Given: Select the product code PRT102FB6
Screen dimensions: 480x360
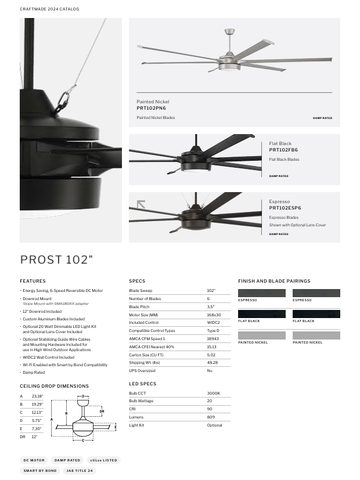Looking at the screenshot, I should coord(283,150).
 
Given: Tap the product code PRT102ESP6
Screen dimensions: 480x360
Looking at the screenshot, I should coord(285,208).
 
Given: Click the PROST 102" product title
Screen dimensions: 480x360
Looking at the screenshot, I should coord(56,259).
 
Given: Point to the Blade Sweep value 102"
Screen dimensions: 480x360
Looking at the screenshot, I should coord(211,290).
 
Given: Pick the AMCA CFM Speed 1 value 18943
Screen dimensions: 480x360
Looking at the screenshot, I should coord(213,338).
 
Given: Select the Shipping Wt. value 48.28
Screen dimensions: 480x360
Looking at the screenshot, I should coord(212,363).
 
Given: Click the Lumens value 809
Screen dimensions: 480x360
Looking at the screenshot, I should coord(211,417).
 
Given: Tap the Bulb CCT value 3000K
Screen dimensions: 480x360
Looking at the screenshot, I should coord(213,393).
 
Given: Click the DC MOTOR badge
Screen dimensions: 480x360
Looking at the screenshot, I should coord(34,460).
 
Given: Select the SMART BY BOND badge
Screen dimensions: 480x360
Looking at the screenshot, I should coord(40,471).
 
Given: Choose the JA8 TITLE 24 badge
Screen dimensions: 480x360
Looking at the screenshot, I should coord(80,471).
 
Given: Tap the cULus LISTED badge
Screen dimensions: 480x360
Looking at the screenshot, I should coord(103,460).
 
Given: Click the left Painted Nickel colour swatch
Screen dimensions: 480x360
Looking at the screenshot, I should coord(261,335).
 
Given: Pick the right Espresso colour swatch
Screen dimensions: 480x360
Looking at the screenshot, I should coord(316,293).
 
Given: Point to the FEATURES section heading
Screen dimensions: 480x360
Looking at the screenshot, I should coord(33,281).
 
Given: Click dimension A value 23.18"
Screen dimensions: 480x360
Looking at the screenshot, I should coord(38,396).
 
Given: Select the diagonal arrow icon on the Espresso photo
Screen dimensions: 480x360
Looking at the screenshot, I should coord(141,204).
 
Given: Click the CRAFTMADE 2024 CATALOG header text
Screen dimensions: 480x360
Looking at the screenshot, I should coord(49,9).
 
